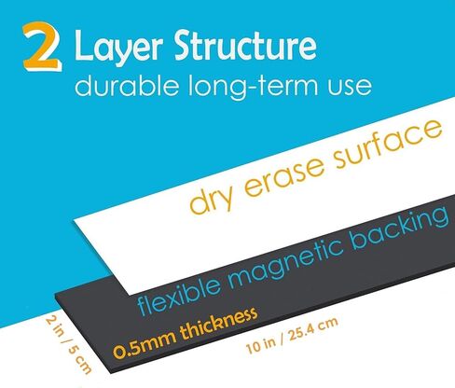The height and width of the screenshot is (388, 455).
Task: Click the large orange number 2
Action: pyautogui.click(x=42, y=47)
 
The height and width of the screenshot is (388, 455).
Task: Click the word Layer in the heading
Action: pyautogui.click(x=118, y=47)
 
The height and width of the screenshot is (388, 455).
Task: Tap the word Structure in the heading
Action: pyautogui.click(x=245, y=45)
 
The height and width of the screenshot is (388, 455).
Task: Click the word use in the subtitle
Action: pyautogui.click(x=349, y=88)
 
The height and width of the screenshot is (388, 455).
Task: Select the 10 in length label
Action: pyautogui.click(x=261, y=345)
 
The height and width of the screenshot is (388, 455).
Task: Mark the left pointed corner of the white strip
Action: pyautogui.click(x=74, y=220)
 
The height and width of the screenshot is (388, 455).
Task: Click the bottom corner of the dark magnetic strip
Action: pyautogui.click(x=110, y=372)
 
